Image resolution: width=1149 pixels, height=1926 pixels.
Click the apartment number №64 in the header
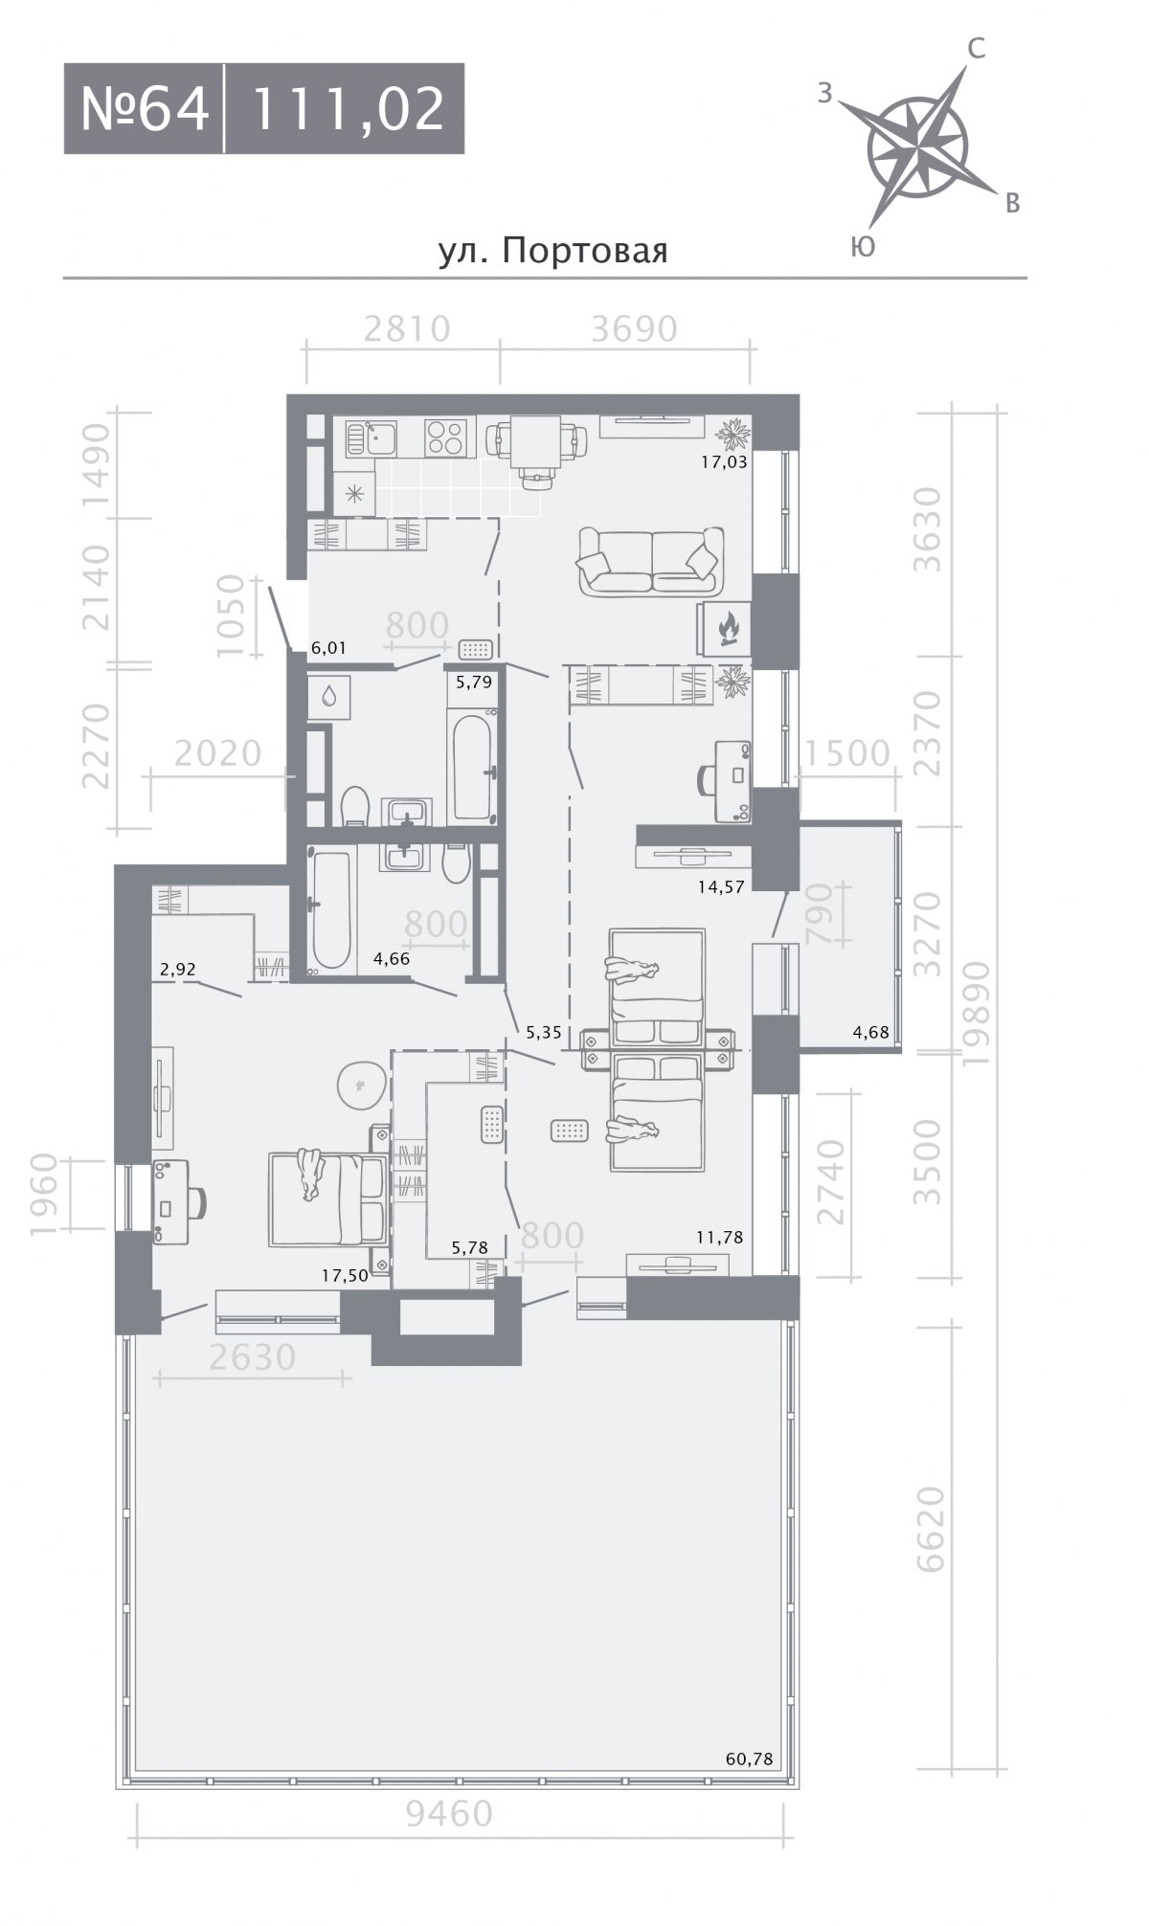145,108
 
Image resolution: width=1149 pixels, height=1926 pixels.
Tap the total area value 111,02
349,108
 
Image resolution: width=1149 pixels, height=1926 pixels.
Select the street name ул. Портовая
552,251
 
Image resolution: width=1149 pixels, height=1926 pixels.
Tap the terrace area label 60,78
750,1758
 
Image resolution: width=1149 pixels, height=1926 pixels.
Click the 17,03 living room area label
724,461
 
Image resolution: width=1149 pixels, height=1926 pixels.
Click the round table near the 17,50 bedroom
364,1086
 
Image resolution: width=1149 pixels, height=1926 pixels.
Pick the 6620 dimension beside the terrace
930,1529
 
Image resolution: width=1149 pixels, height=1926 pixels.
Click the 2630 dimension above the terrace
252,1356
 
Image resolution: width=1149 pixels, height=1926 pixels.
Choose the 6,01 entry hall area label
328,648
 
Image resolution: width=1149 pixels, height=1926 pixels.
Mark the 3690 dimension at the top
634,329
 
